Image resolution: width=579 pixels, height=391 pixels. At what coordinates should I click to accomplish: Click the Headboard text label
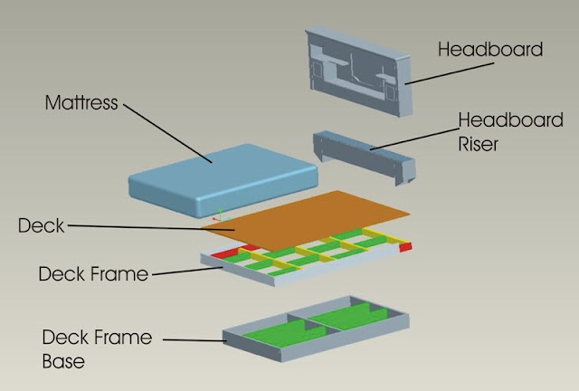point(490,49)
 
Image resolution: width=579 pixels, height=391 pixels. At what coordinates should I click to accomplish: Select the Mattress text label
point(81,102)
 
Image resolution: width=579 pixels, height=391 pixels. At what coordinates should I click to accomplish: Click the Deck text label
point(42,225)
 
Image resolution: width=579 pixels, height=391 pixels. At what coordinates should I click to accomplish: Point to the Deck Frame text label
point(94,273)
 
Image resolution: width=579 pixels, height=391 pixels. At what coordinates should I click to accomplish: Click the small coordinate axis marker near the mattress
point(218,216)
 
